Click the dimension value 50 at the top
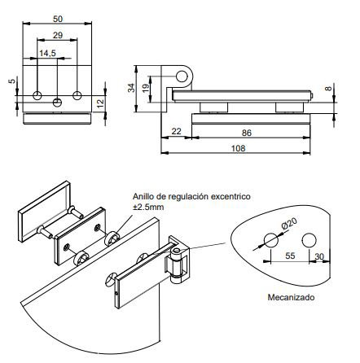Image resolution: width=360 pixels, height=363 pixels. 56,18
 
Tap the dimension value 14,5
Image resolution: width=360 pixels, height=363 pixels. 48,54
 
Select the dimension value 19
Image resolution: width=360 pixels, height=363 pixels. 146,87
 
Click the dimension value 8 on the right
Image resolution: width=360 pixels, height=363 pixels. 328,88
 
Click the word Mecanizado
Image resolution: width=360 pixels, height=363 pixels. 291,297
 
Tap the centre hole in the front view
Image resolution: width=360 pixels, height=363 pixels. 57,102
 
